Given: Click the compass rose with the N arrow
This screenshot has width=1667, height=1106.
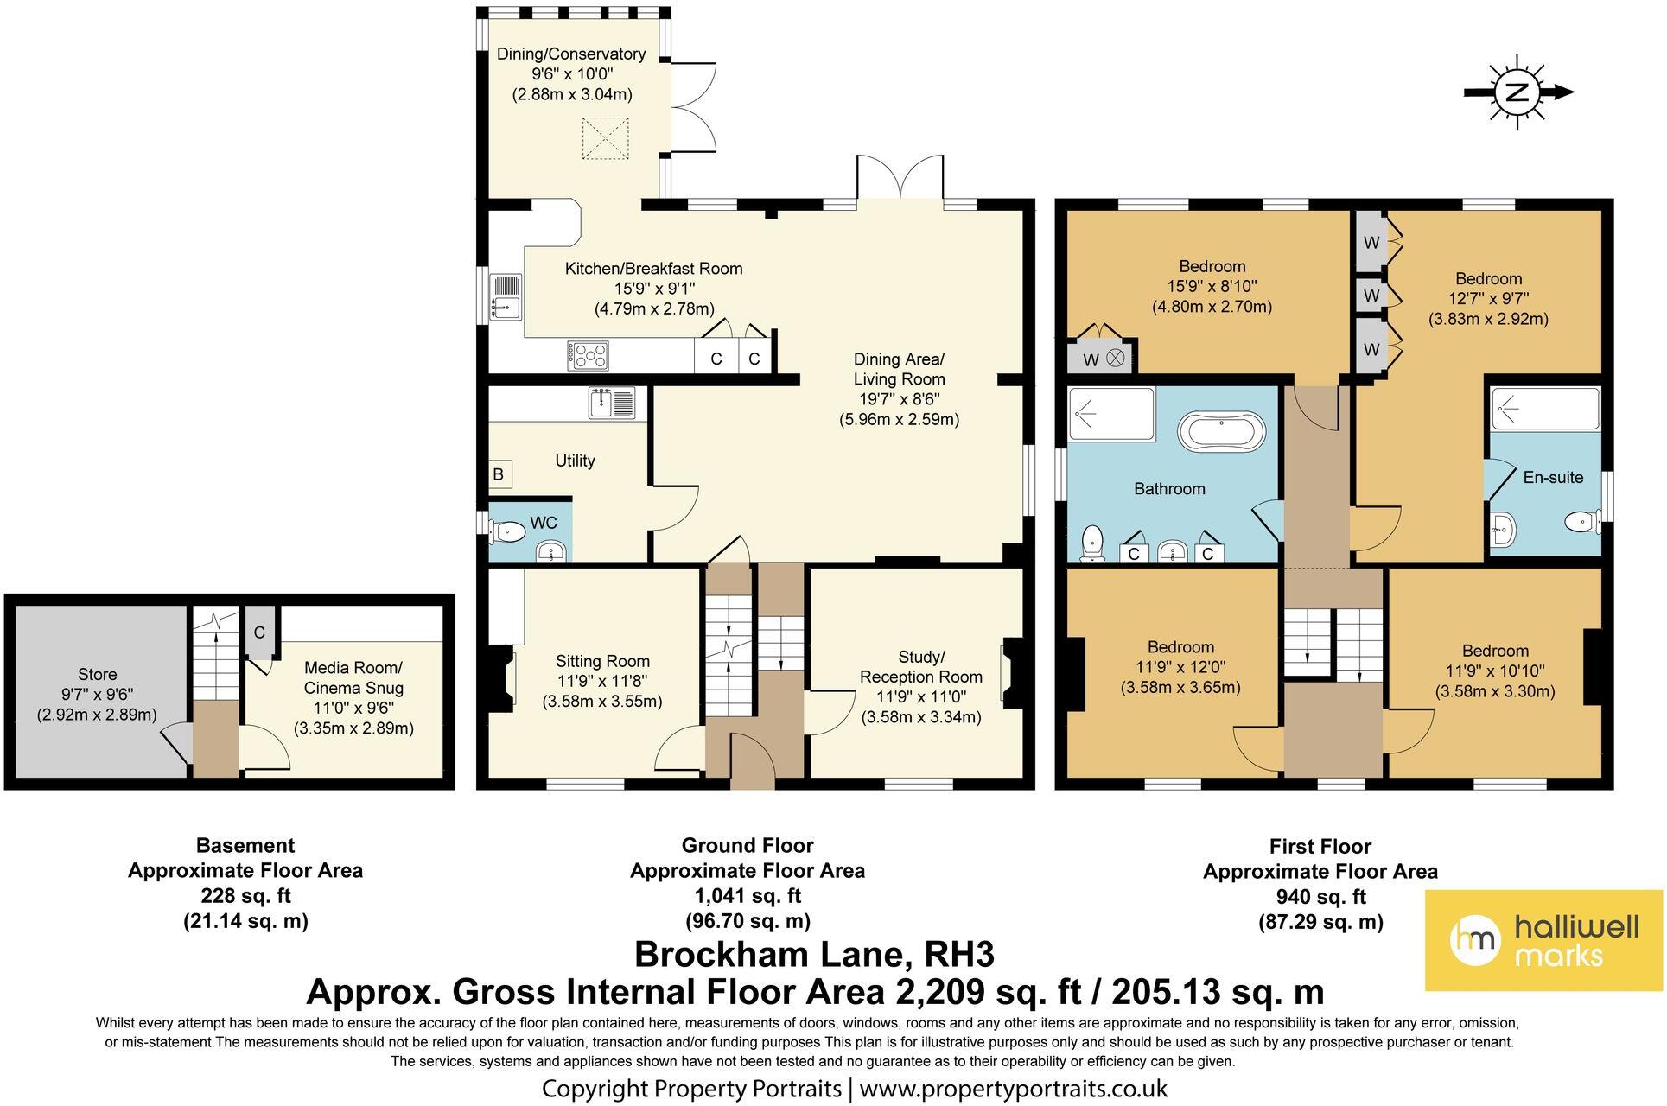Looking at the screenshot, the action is point(1517,92).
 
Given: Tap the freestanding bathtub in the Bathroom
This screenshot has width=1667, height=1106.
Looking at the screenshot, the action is point(1221,433).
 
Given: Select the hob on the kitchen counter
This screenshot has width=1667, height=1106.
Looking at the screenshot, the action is point(589,355).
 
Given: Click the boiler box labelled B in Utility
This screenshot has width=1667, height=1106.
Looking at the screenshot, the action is point(499,474).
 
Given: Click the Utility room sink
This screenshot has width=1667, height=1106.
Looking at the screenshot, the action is point(613,403).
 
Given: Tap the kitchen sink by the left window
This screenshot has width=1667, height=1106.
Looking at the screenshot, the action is point(506,297).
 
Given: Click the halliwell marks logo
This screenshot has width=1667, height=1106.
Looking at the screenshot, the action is point(1543,940).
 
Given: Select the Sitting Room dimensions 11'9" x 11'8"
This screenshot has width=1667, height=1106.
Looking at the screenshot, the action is point(602,681).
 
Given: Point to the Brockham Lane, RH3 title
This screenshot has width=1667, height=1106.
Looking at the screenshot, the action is point(815,955).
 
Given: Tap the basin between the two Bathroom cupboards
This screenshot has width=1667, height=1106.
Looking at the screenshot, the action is point(1171,550).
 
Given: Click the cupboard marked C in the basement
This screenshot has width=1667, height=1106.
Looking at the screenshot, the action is point(259,632).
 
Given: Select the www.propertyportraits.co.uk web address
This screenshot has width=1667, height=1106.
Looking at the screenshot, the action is point(1014,1087).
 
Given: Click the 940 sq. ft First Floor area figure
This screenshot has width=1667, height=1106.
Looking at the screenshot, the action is point(1320,896).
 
